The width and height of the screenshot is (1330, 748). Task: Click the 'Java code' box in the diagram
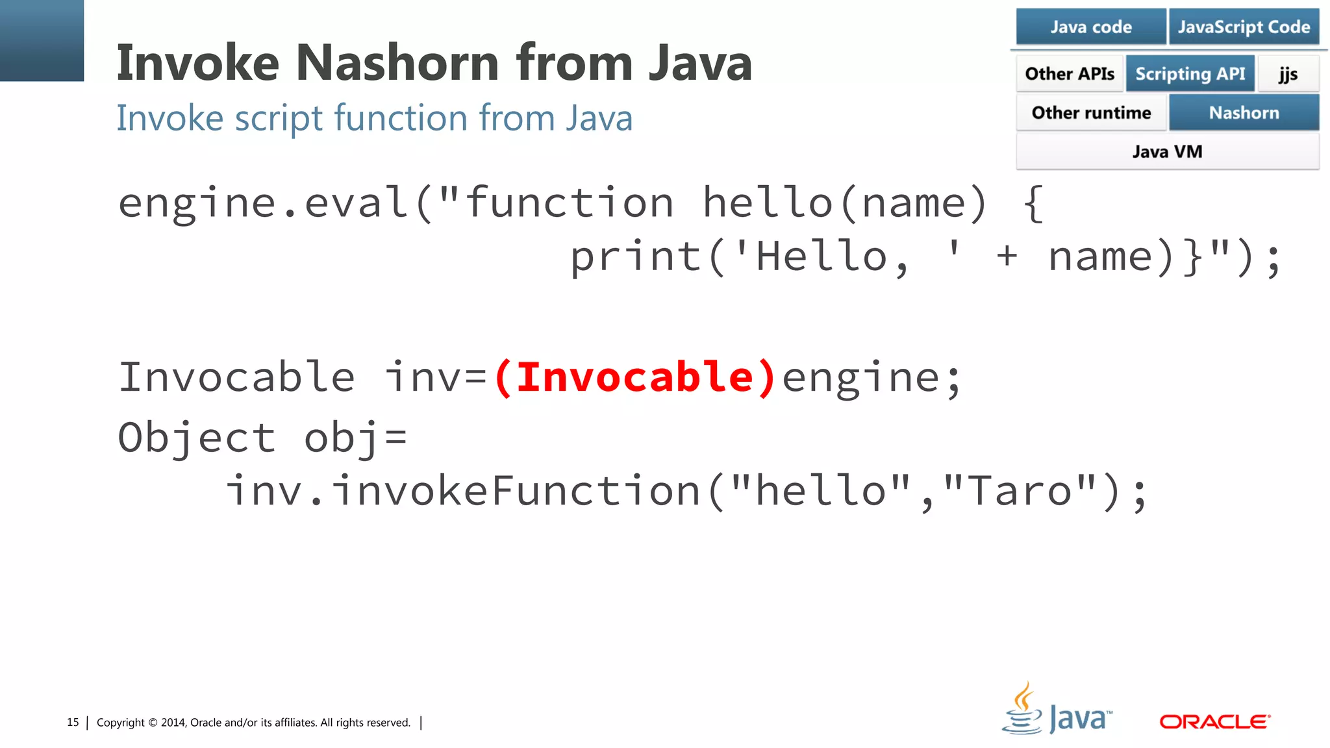click(x=1091, y=27)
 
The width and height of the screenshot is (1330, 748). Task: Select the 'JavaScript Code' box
click(x=1244, y=27)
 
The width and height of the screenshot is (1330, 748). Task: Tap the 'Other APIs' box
click(x=1070, y=73)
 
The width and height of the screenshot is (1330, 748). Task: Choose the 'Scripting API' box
click(x=1190, y=73)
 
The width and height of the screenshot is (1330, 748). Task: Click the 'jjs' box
click(x=1288, y=73)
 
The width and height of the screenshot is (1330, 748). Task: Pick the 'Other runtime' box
click(x=1091, y=112)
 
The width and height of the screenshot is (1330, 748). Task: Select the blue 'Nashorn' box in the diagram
click(x=1244, y=112)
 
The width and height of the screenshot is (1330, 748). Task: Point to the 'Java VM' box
click(x=1167, y=151)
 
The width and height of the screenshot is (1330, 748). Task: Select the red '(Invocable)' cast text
click(x=634, y=377)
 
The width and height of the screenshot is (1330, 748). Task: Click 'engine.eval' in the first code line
click(x=264, y=203)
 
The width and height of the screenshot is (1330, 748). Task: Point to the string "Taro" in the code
click(x=1020, y=491)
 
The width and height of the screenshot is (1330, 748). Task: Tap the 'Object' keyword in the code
click(x=197, y=437)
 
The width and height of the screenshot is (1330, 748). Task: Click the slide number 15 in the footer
click(x=73, y=722)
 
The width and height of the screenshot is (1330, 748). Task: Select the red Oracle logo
click(x=1214, y=721)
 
